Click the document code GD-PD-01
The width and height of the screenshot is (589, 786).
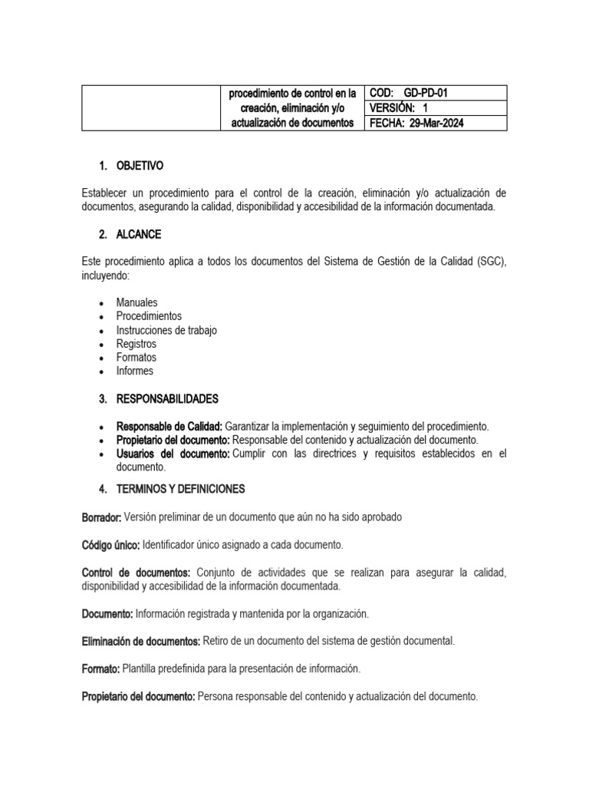pos(426,94)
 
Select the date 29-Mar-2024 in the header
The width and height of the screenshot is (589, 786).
pos(434,123)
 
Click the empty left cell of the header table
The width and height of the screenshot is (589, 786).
pos(151,108)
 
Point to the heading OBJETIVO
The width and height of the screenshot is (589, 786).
pos(140,166)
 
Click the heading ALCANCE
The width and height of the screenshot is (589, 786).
pos(139,234)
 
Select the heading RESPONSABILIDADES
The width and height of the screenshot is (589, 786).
pos(167,399)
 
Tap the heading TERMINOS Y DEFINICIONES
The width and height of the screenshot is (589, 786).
pos(180,489)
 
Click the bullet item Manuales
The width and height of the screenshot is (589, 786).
pos(137,302)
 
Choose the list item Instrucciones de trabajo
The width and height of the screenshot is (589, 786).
pos(166,330)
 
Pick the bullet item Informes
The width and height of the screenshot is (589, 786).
pos(135,372)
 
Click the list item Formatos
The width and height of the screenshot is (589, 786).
pos(137,358)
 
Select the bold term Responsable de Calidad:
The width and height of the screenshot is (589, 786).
pos(169,427)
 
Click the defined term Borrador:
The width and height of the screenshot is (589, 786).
pos(101,517)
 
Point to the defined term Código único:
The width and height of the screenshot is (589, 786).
pos(110,545)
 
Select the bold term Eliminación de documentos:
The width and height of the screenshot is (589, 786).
pos(141,641)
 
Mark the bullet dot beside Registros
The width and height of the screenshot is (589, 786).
pos(101,345)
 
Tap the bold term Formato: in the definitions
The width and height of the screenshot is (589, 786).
pos(100,669)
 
